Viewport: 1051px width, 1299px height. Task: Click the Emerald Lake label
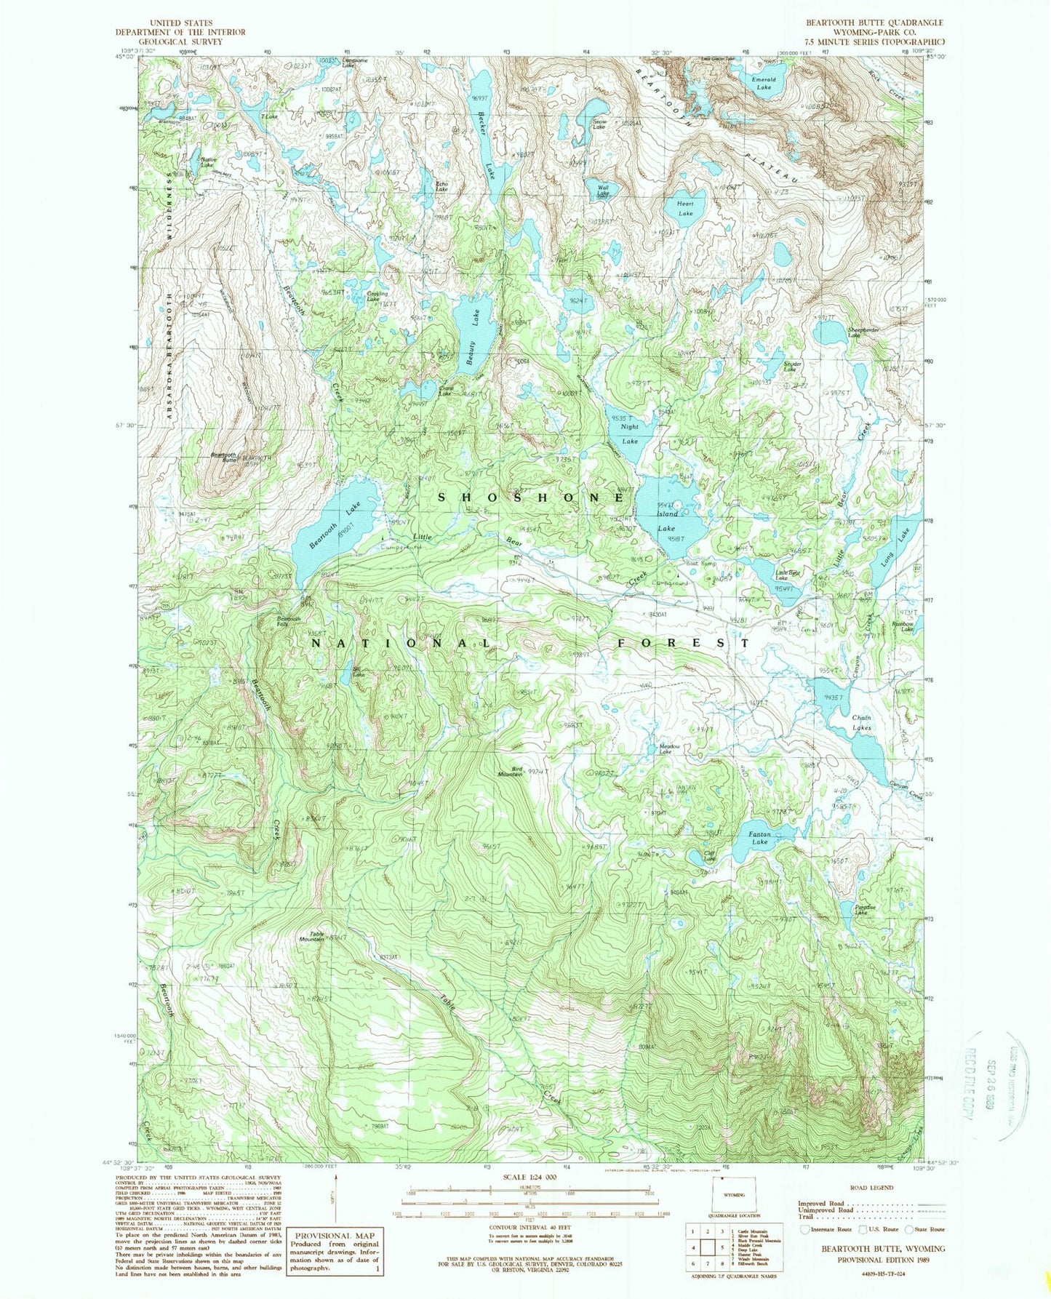(763, 83)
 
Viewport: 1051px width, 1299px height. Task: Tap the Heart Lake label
(685, 209)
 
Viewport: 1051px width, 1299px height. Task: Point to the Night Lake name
(628, 435)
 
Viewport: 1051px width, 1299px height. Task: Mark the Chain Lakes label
(861, 722)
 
